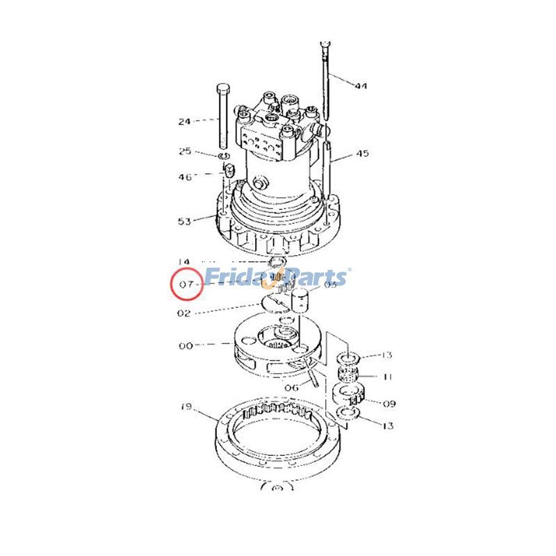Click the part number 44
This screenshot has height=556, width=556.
[361, 86]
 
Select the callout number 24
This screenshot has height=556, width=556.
[184, 122]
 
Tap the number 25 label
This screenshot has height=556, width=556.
[184, 151]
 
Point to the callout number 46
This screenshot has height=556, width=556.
[184, 177]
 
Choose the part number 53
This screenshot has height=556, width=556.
[184, 222]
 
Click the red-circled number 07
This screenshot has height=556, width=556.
[186, 284]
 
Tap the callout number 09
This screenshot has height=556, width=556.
[389, 402]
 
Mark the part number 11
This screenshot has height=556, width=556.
[387, 377]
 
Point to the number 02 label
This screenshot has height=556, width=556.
[184, 313]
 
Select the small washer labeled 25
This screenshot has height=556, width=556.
[226, 158]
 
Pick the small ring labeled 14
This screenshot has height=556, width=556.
[278, 262]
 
